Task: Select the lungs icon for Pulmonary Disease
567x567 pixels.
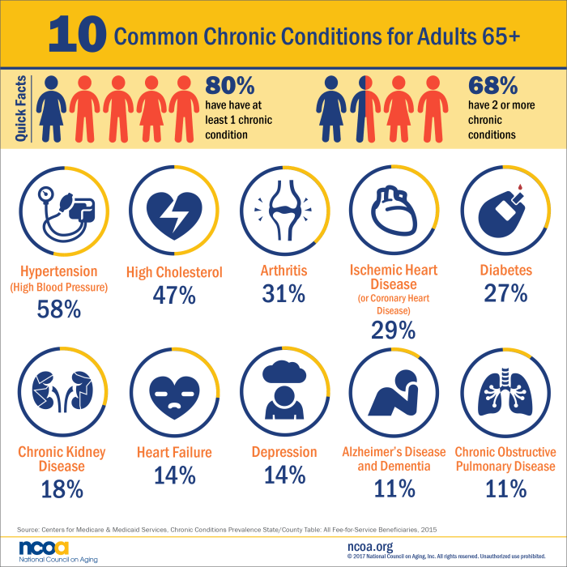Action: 505,391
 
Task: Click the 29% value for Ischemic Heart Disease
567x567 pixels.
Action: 394,330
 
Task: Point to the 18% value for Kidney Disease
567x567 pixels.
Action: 62,488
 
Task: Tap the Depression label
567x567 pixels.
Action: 284,452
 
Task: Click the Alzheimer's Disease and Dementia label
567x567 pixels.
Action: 394,459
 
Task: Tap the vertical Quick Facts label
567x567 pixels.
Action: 22,108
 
